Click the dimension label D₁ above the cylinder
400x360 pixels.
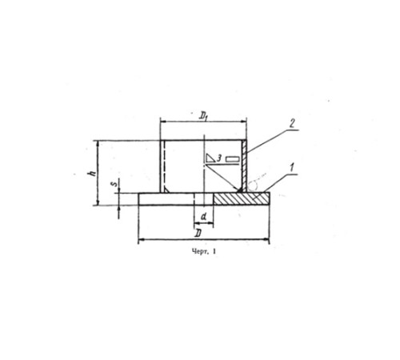click(203, 116)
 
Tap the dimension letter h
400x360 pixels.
click(93, 173)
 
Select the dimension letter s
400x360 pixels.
click(114, 184)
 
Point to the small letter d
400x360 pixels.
click(204, 218)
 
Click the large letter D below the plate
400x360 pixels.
click(198, 234)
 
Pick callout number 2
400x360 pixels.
click(292, 123)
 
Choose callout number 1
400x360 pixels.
click(292, 168)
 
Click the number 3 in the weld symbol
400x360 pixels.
click(219, 158)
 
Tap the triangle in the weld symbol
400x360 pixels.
click(210, 158)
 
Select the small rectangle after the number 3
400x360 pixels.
click(233, 159)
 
